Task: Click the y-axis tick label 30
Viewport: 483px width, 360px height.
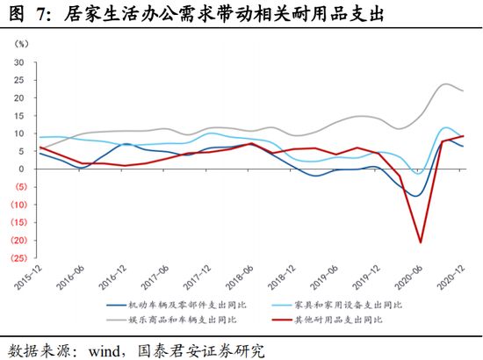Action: [18, 62]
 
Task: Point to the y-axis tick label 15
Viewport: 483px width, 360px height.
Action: [18, 116]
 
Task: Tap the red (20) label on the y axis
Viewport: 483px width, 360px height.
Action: [18, 241]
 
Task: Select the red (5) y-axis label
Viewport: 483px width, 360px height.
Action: [21, 187]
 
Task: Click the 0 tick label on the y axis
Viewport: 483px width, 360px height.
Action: [21, 169]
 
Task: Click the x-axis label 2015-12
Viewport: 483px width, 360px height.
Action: [28, 277]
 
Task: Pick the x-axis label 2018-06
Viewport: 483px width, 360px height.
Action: [240, 277]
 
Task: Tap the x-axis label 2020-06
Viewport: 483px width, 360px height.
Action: [408, 277]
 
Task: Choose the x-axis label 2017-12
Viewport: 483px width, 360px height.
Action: [197, 277]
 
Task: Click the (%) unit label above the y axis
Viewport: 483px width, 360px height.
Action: [21, 44]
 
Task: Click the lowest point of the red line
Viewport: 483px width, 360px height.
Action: [421, 242]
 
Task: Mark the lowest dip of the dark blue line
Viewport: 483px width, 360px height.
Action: [416, 196]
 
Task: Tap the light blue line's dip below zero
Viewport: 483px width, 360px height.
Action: [418, 174]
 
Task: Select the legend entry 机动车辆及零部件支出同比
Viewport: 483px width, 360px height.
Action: [177, 306]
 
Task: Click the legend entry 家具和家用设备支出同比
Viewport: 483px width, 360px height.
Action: [336, 306]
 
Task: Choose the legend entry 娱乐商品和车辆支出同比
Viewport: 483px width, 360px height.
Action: [171, 320]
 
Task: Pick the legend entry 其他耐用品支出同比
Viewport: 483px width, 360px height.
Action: [328, 320]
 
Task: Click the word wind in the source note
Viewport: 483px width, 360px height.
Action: [105, 350]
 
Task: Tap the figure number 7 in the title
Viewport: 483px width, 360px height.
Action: [40, 14]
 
